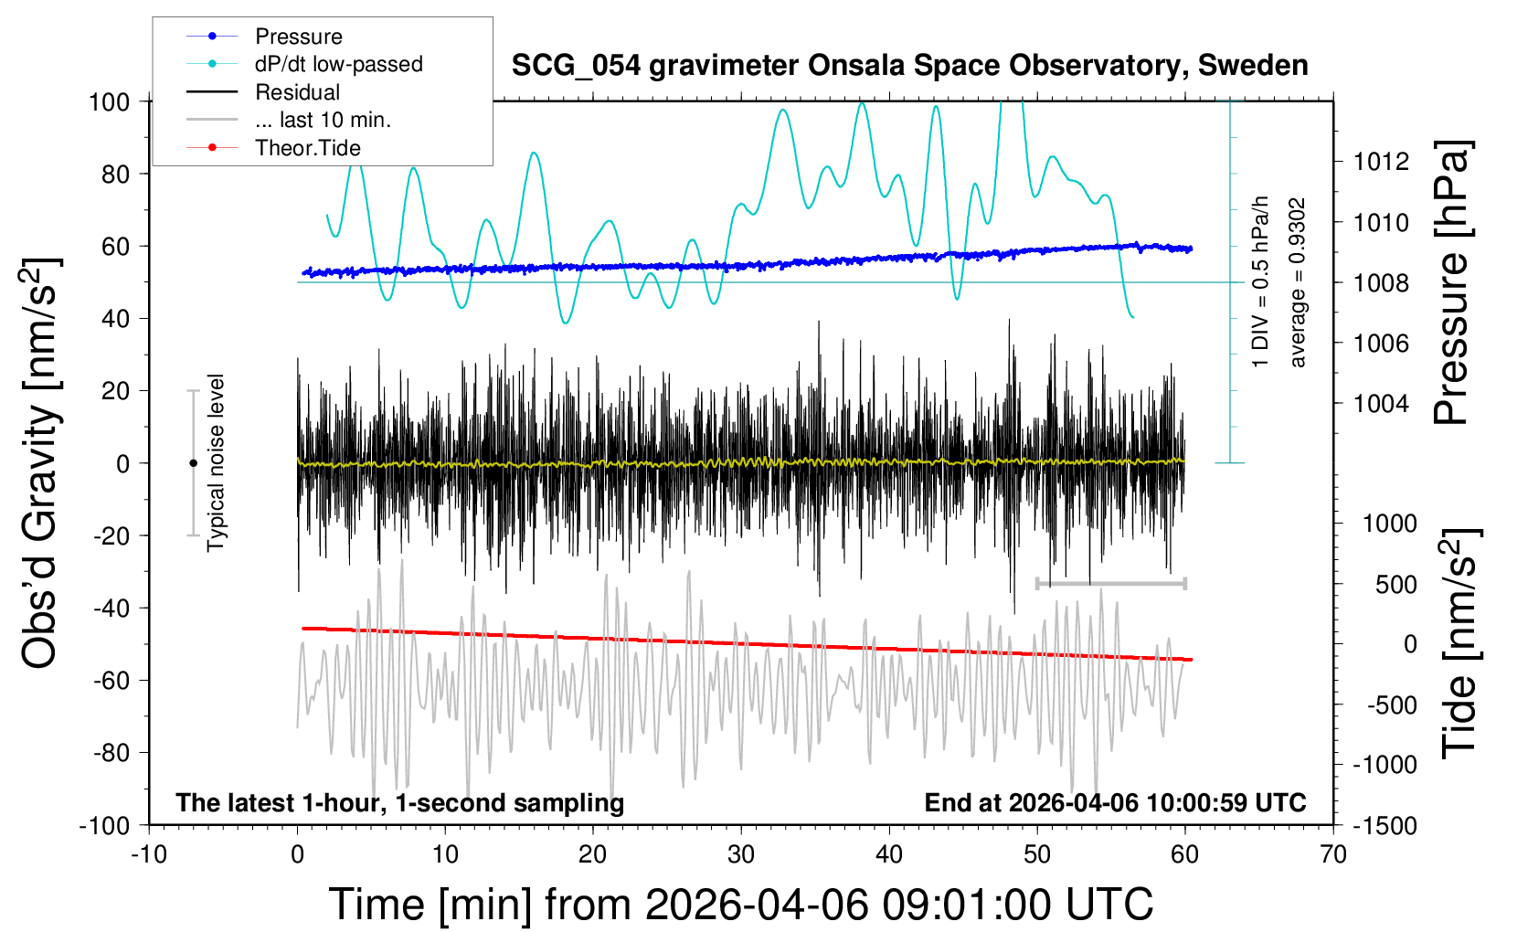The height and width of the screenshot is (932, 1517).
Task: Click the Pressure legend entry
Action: (298, 37)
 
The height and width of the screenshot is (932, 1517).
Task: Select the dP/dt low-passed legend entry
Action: (338, 64)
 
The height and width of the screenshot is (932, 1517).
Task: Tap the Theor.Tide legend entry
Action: (307, 148)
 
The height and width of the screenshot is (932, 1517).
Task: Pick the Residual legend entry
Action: (297, 92)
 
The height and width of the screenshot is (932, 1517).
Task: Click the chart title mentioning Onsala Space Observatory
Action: (909, 66)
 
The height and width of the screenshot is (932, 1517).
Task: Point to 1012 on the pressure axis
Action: (1381, 162)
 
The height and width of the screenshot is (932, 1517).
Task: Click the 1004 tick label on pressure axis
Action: (1381, 403)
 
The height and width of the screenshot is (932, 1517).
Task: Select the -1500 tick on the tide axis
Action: (1384, 825)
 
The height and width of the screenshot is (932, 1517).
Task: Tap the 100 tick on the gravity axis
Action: (109, 101)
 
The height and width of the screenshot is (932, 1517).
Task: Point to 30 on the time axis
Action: (741, 854)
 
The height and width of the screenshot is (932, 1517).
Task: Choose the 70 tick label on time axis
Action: (1333, 854)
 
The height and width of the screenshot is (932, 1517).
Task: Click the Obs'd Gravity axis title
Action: (41, 463)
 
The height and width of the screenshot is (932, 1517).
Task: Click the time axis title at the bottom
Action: (740, 905)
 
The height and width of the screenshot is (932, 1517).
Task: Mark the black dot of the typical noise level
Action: (193, 463)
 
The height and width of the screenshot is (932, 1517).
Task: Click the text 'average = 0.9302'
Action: (1297, 283)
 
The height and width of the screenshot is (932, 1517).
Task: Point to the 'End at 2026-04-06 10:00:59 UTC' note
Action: (1115, 803)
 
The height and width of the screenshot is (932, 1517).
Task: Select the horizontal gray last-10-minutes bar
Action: (1110, 583)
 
